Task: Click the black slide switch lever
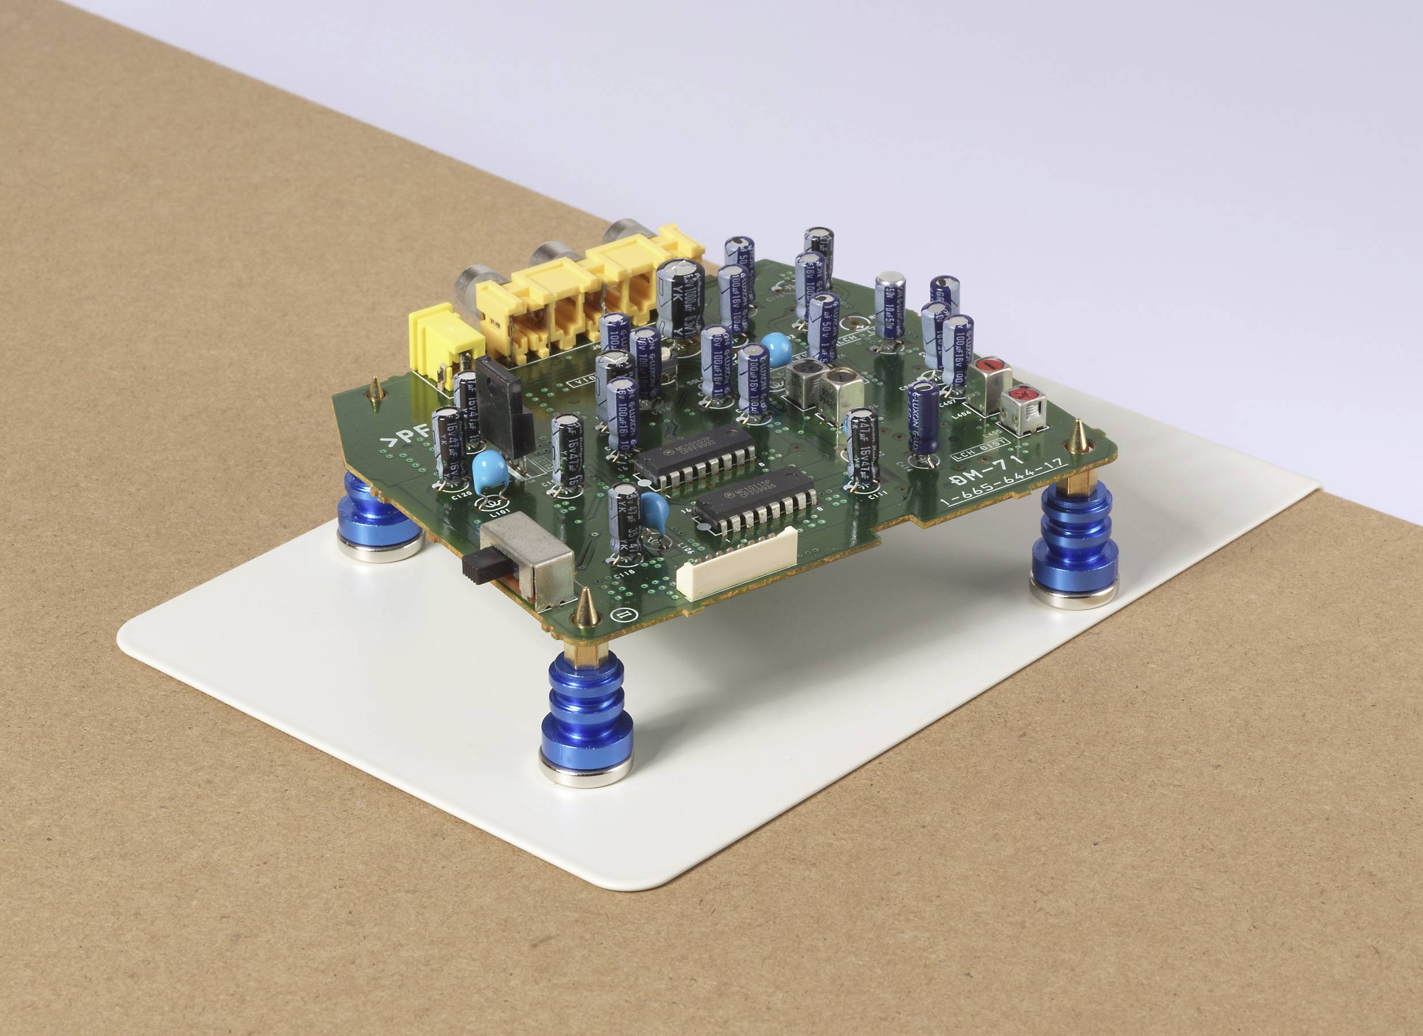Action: pyautogui.click(x=478, y=566)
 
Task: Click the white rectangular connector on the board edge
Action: pyautogui.click(x=737, y=563)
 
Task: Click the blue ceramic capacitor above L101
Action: pyautogui.click(x=489, y=470)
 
